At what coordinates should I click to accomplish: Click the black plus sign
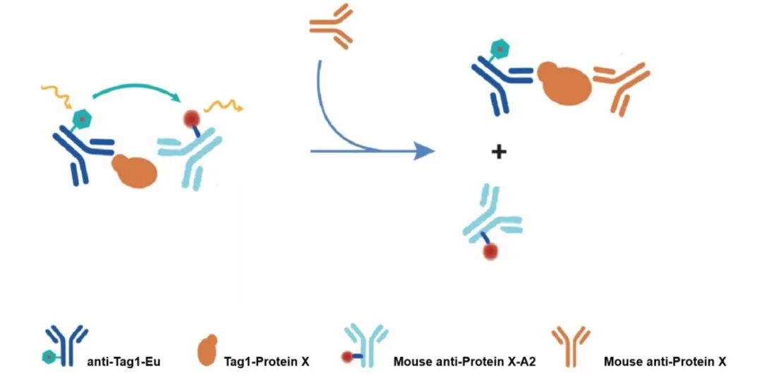[x=499, y=151]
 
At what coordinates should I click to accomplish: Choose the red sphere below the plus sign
[x=490, y=250]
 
